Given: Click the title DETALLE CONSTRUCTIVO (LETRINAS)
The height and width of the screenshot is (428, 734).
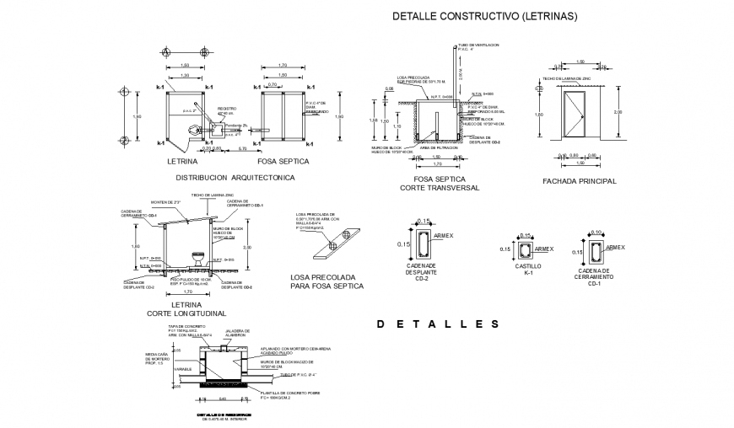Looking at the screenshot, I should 485,16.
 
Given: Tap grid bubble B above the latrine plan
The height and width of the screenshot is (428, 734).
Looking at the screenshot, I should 204,51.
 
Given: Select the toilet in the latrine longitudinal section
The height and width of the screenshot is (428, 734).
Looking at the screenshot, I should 200,256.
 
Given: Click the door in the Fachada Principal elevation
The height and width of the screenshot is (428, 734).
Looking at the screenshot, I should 575,117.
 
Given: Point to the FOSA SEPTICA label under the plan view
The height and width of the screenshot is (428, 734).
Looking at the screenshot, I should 283,161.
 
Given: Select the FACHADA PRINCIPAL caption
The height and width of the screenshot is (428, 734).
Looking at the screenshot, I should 580,181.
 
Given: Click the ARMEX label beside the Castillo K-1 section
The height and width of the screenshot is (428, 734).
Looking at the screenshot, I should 544,249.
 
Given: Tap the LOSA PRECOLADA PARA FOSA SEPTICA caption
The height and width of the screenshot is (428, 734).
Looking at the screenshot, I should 327,281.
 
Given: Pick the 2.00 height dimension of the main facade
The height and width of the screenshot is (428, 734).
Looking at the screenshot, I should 618,112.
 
